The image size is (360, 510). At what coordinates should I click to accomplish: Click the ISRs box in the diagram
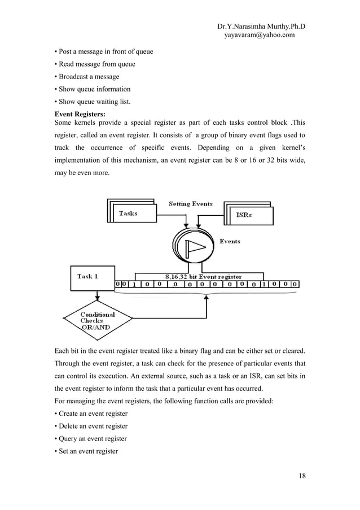pyautogui.click(x=248, y=215)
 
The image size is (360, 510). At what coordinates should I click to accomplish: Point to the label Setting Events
pyautogui.click(x=191, y=203)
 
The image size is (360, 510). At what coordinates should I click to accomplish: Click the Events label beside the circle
pyautogui.click(x=230, y=241)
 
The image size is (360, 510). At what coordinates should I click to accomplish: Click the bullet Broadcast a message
pyautogui.click(x=87, y=77)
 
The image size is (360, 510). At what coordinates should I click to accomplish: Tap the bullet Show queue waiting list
pyautogui.click(x=93, y=102)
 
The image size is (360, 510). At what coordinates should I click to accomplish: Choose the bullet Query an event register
pyautogui.click(x=90, y=438)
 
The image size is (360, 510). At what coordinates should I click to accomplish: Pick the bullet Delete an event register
pyautogui.click(x=91, y=426)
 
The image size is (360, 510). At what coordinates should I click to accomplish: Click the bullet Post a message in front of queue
pyautogui.click(x=104, y=52)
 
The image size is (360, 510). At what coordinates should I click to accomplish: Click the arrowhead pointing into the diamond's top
pyautogui.click(x=98, y=298)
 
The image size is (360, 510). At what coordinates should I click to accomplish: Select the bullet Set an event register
pyautogui.click(x=86, y=451)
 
